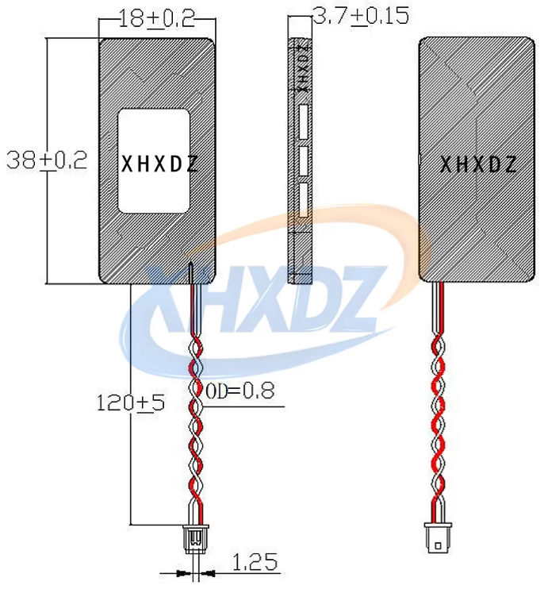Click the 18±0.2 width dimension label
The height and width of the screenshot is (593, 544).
[x=157, y=18]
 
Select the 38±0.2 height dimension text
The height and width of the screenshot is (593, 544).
[x=48, y=160]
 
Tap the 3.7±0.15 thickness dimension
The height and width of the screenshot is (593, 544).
[x=361, y=16]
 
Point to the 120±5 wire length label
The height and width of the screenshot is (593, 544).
[x=131, y=402]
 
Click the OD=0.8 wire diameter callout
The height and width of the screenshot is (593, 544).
[x=240, y=391]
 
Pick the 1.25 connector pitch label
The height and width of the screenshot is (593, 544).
[x=255, y=561]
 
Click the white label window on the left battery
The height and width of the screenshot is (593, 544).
[x=153, y=161]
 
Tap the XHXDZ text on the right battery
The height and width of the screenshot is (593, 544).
[x=478, y=165]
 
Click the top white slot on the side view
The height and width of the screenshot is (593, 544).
[x=304, y=121]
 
